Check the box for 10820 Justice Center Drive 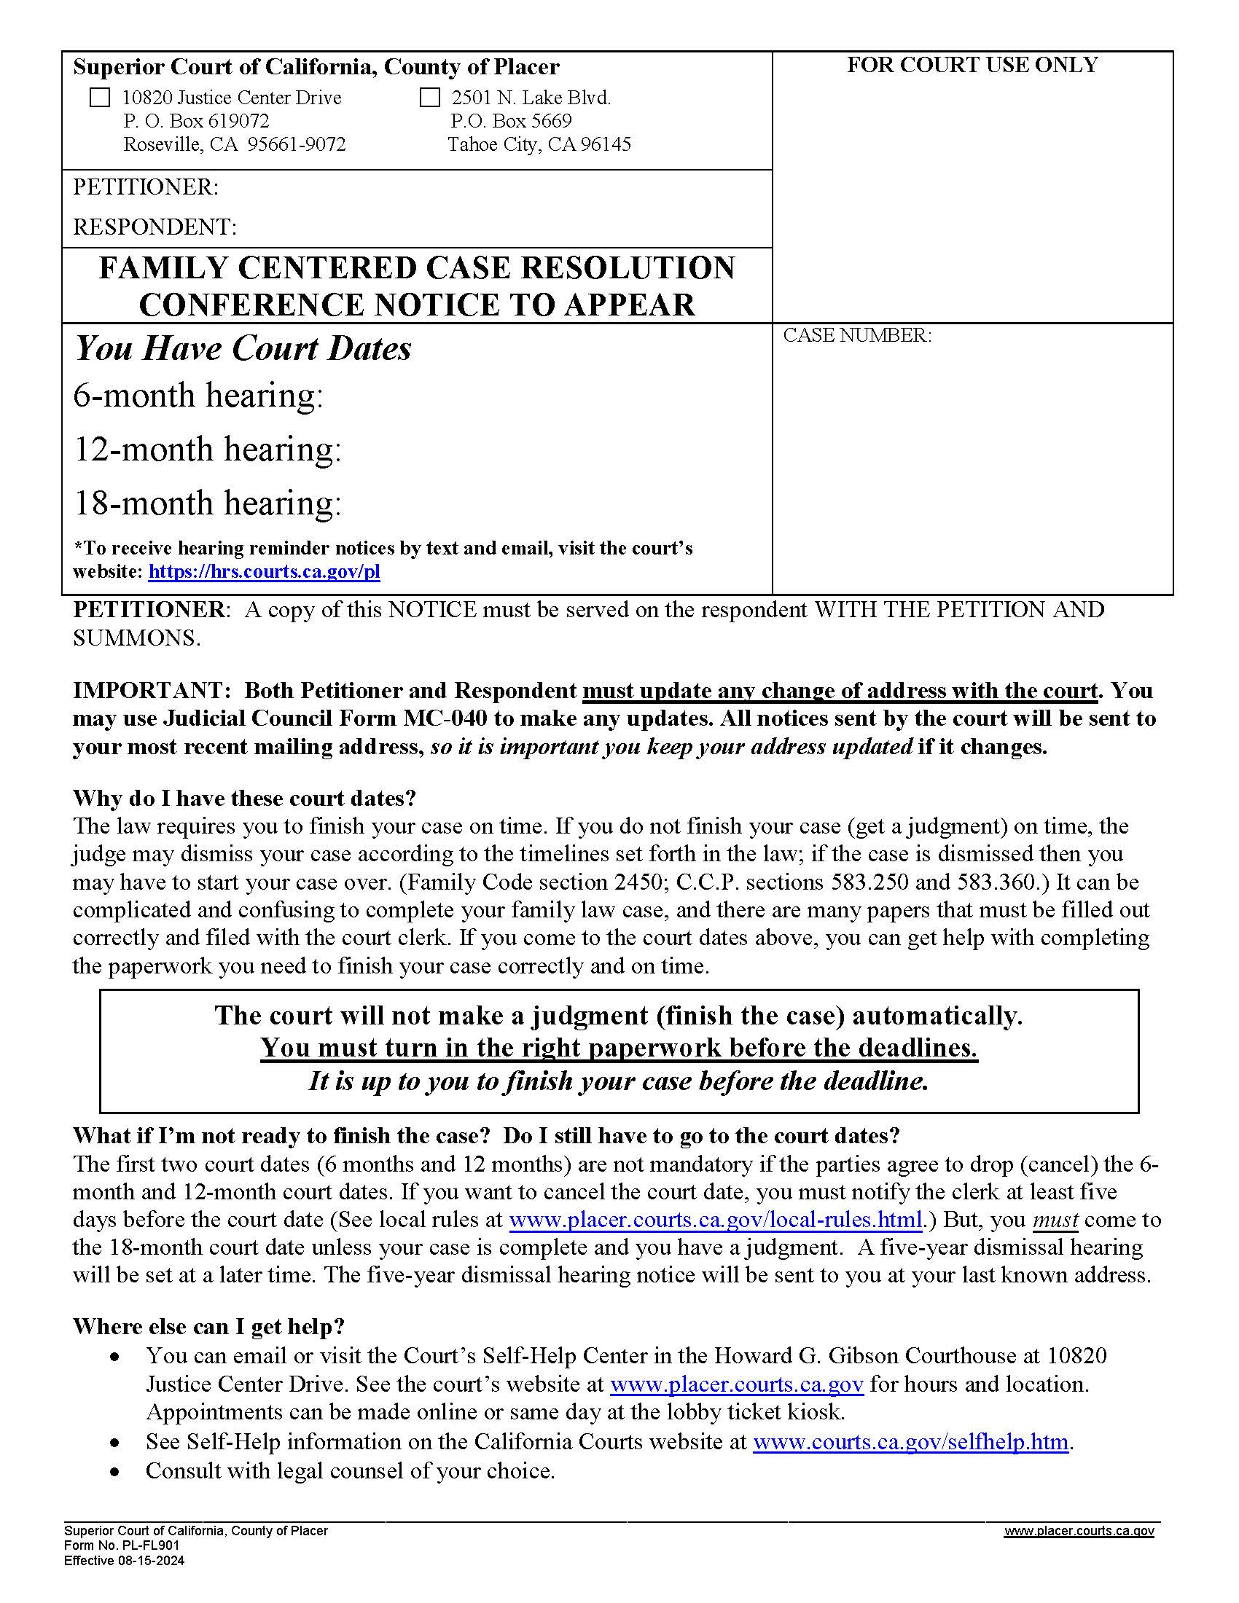[x=99, y=98]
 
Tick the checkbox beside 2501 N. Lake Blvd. [x=429, y=98]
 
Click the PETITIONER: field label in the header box [x=145, y=187]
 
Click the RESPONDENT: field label [x=154, y=227]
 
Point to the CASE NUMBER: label [x=856, y=335]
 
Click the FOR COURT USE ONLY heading [x=972, y=66]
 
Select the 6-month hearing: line [x=198, y=396]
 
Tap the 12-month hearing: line [x=207, y=449]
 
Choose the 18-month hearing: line [x=207, y=503]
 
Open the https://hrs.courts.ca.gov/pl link [x=265, y=572]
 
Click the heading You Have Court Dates [x=243, y=348]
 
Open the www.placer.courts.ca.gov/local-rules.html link [x=715, y=1220]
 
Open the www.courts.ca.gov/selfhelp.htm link [x=910, y=1441]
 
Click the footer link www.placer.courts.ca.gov [x=1078, y=1531]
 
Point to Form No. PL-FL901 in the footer [x=121, y=1545]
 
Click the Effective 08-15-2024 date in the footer [x=124, y=1561]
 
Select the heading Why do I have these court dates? [x=244, y=798]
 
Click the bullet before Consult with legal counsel [x=114, y=1472]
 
